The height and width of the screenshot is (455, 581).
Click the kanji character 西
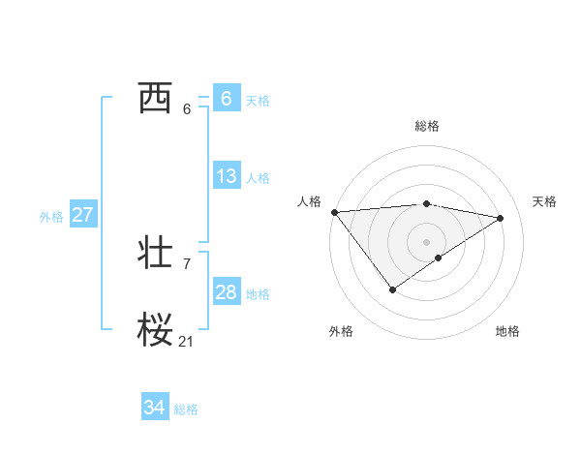pyautogui.click(x=155, y=99)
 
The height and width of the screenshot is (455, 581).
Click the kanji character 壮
pyautogui.click(x=155, y=254)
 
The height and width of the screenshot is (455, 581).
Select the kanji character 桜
pyautogui.click(x=155, y=330)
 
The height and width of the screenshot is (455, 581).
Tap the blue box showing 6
pyautogui.click(x=226, y=99)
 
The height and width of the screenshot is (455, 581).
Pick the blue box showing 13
pyautogui.click(x=226, y=176)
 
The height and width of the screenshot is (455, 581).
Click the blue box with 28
pyautogui.click(x=226, y=292)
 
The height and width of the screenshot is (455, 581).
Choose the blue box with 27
pyautogui.click(x=82, y=215)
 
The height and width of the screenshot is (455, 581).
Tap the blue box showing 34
pyautogui.click(x=154, y=409)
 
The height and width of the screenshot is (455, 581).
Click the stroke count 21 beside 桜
pyautogui.click(x=186, y=341)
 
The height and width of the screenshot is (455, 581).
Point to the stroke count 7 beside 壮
pyautogui.click(x=186, y=263)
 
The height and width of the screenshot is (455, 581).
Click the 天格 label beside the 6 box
pyautogui.click(x=258, y=101)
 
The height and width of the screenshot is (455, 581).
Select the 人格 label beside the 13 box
pyautogui.click(x=258, y=178)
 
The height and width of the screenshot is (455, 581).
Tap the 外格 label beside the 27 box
pyautogui.click(x=51, y=217)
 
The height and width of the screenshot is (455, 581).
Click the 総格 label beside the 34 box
pyautogui.click(x=186, y=410)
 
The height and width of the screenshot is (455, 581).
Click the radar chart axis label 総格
pyautogui.click(x=426, y=126)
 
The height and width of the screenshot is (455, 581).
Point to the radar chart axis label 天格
pyautogui.click(x=544, y=201)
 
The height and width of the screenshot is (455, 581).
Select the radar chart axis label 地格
pyautogui.click(x=507, y=331)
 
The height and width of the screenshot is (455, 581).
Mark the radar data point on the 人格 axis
pyautogui.click(x=334, y=212)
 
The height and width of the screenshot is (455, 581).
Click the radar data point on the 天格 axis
pyautogui.click(x=501, y=218)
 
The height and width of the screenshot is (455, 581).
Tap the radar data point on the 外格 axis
pyautogui.click(x=392, y=288)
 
